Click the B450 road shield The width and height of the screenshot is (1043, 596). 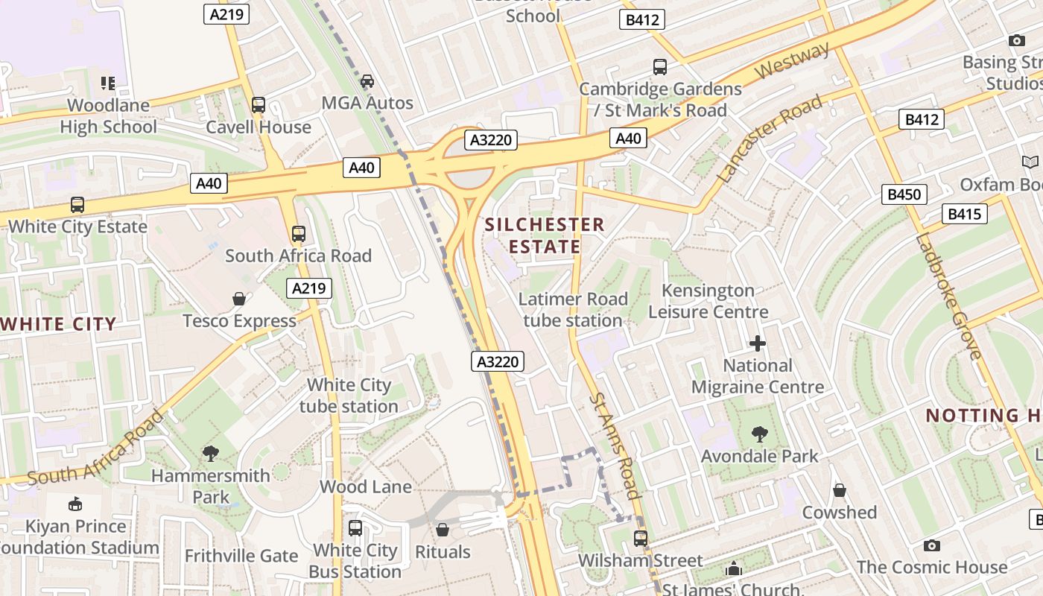coord(905,195)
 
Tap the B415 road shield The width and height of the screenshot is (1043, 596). coord(964,215)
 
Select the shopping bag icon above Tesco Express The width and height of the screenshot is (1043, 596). coord(239,299)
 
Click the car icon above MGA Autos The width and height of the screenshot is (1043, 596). coord(367,81)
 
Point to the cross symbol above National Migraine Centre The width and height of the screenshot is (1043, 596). coord(758,343)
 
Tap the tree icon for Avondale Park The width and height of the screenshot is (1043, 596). coord(760,434)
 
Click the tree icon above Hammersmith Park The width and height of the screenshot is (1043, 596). coord(211,453)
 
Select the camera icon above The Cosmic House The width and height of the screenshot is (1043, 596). coord(931,545)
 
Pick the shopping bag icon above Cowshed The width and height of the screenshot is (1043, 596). coord(840,490)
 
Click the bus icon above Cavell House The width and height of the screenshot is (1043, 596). coord(259,105)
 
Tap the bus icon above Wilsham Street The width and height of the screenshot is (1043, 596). coord(641,538)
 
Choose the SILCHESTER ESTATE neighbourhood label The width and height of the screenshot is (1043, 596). coord(545,235)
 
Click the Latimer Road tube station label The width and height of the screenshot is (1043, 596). coord(573,310)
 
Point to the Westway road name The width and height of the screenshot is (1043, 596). coord(792,62)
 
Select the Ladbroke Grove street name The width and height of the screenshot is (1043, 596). coord(948,297)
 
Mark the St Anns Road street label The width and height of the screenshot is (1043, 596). coord(615,446)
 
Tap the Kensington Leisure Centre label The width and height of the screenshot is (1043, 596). coord(708,301)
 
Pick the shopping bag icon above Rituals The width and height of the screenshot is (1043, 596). coord(443,530)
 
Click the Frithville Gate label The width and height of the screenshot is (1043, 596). coord(241,556)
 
